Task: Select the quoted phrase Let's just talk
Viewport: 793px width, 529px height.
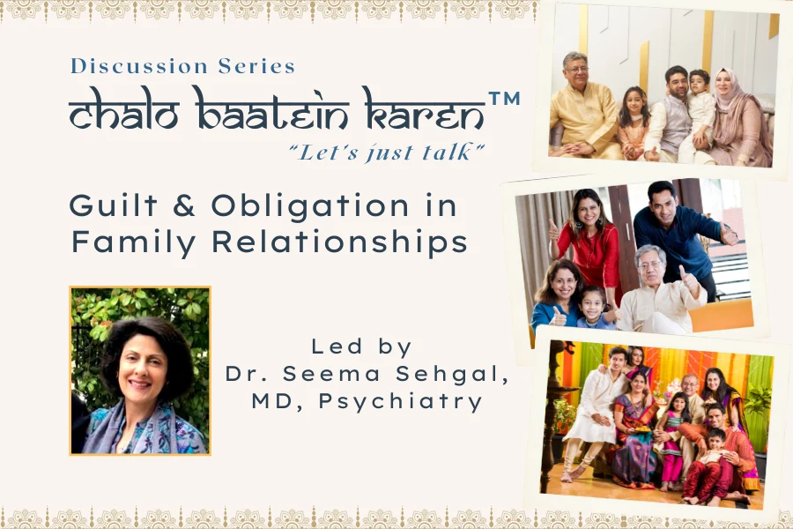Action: coord(387,152)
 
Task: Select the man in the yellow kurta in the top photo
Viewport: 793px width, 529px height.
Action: coord(582,110)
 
